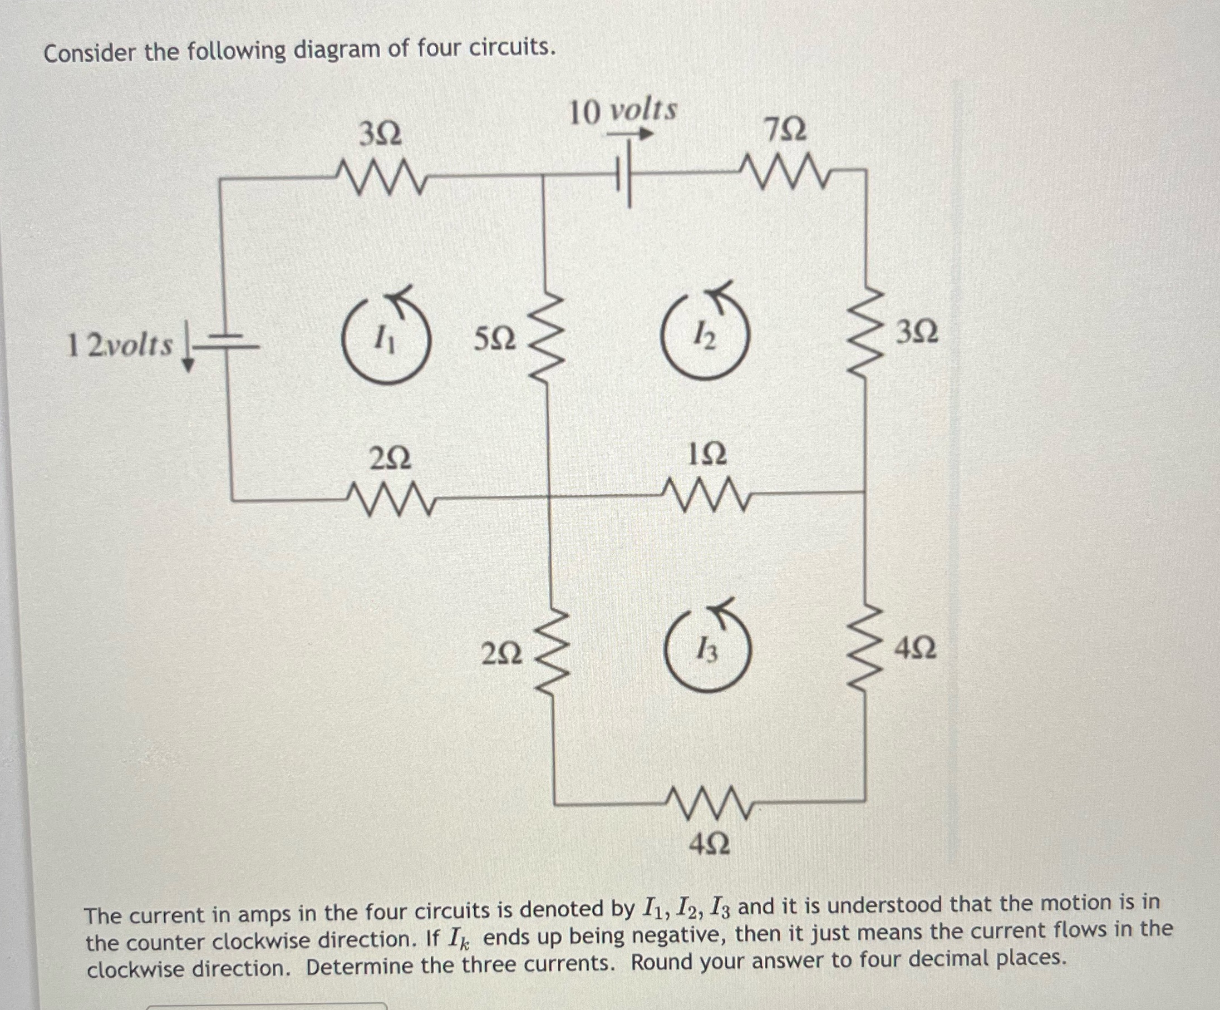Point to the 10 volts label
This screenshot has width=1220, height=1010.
point(623,111)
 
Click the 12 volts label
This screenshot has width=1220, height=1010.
point(120,345)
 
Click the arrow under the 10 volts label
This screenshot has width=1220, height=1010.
point(631,134)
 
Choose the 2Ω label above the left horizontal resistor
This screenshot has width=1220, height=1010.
point(390,460)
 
